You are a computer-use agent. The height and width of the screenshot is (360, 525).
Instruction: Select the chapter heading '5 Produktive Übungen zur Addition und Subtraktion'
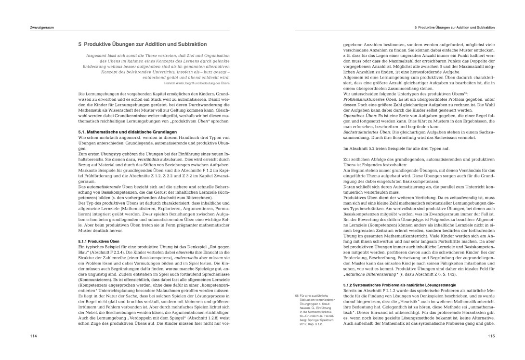[142, 44]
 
